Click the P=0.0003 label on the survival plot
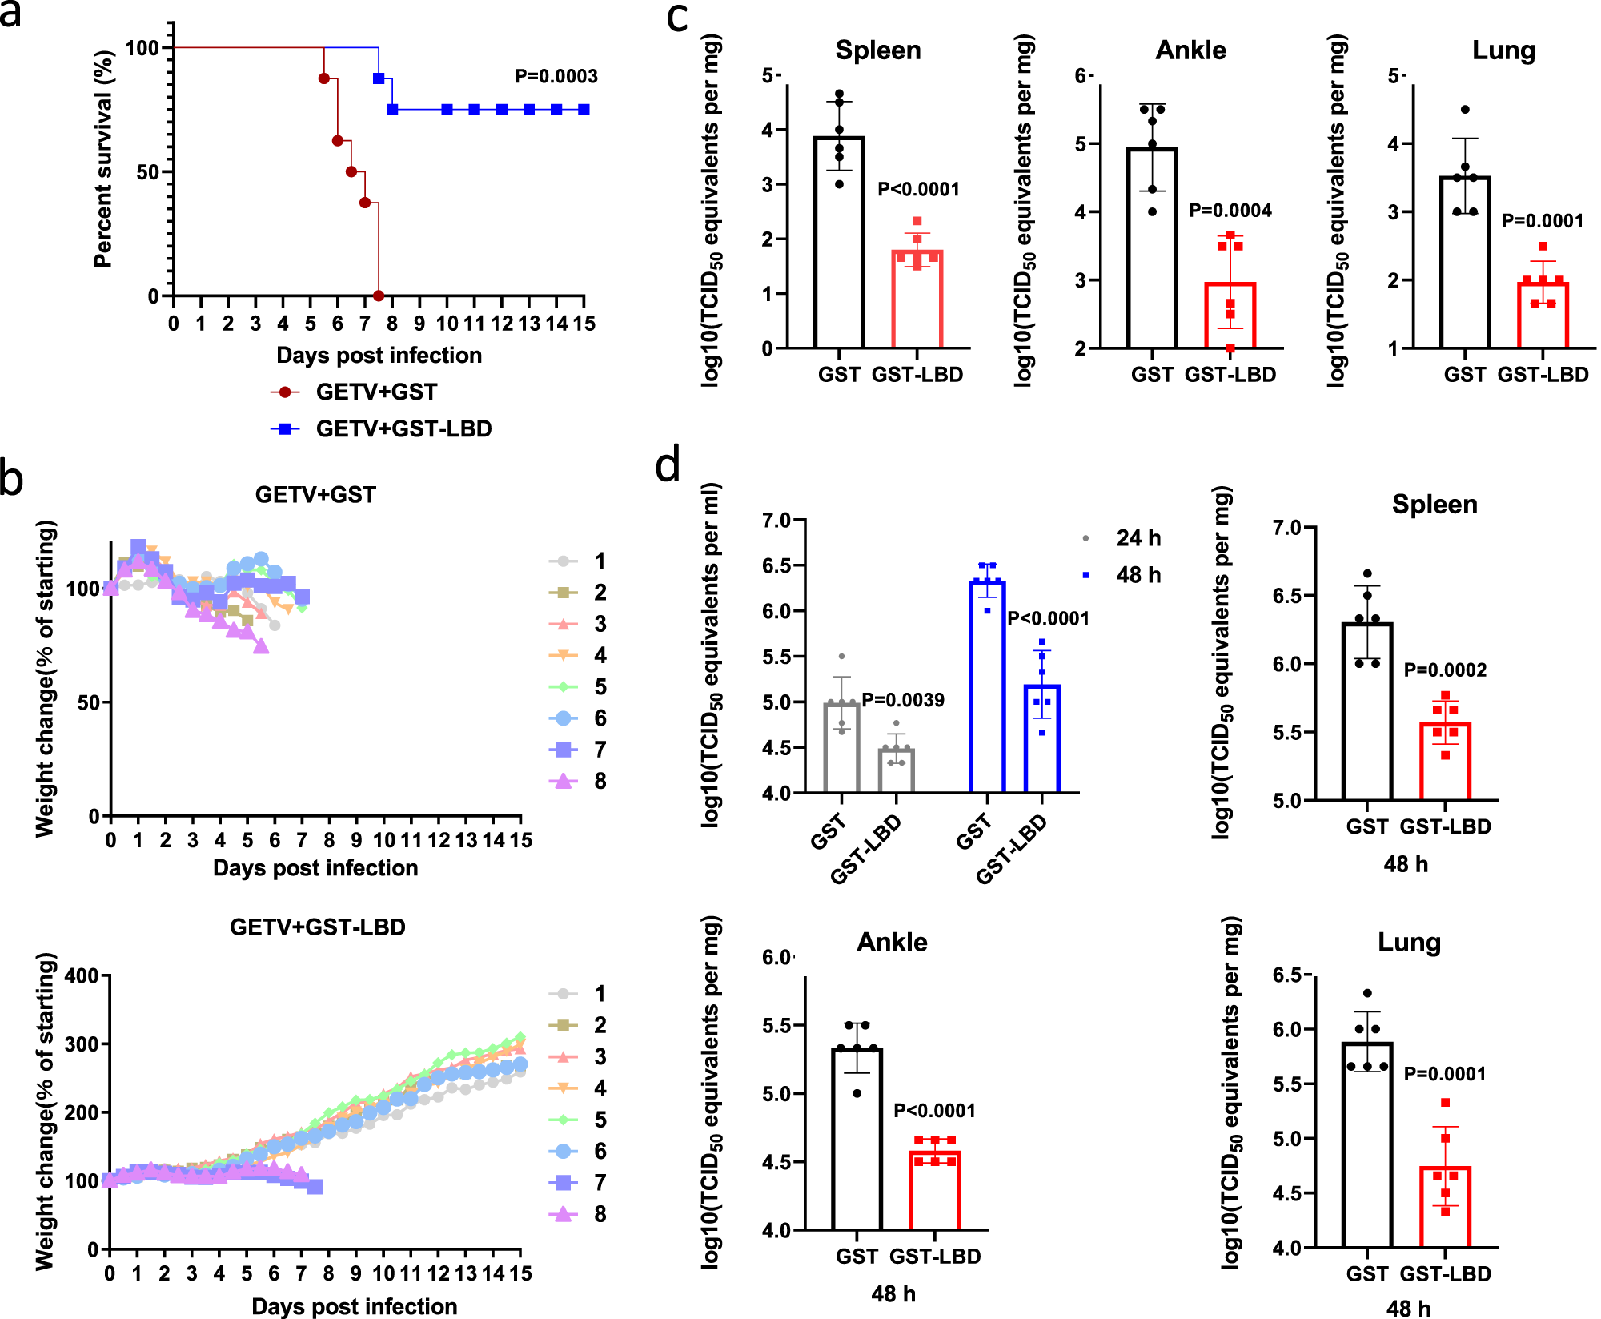(x=556, y=76)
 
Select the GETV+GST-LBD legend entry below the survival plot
(x=382, y=429)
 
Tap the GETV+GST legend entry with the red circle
(x=355, y=392)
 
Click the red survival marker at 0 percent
(x=379, y=296)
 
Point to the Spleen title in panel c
(x=878, y=50)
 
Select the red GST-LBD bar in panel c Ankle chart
(x=1230, y=316)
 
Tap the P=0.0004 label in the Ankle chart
(x=1230, y=211)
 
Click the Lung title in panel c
(x=1503, y=50)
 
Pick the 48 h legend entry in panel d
(x=1125, y=575)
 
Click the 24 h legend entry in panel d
(x=1125, y=538)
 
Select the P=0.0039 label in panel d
(x=902, y=700)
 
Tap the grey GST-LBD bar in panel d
(x=896, y=770)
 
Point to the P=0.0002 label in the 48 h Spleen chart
(x=1445, y=670)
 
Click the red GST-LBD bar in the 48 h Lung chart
(x=1445, y=1207)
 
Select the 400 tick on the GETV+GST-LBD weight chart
(x=82, y=976)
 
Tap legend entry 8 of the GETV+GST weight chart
(x=578, y=782)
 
